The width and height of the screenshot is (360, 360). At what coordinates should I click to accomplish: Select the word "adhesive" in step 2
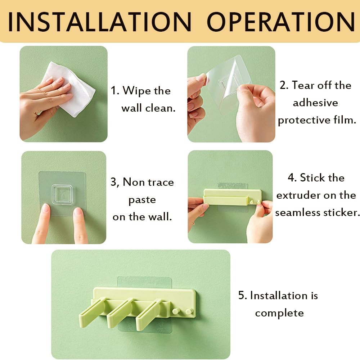tap(315, 103)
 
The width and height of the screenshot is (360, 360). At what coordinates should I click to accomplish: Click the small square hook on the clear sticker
tap(63, 194)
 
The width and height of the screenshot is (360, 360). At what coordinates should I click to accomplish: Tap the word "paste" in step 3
tap(143, 200)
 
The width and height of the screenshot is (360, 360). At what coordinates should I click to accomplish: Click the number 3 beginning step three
tap(114, 182)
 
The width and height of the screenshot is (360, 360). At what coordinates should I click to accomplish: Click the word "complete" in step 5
tap(279, 313)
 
